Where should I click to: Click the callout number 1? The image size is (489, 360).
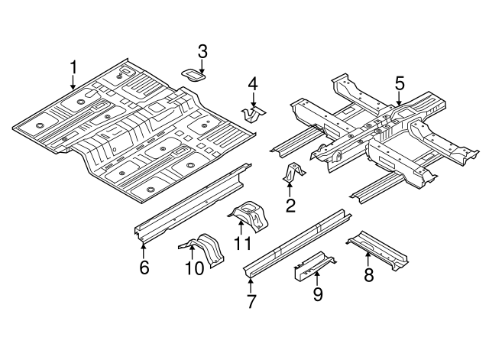[73, 68]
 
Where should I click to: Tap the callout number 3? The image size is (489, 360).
[202, 51]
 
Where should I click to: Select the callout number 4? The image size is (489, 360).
[253, 83]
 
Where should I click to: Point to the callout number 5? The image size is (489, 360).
[399, 83]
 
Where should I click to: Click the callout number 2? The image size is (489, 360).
[290, 204]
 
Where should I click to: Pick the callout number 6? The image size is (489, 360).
[144, 267]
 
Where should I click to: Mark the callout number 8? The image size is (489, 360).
[368, 275]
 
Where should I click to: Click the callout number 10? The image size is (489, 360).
[194, 268]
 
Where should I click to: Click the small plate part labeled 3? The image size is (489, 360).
[194, 75]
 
